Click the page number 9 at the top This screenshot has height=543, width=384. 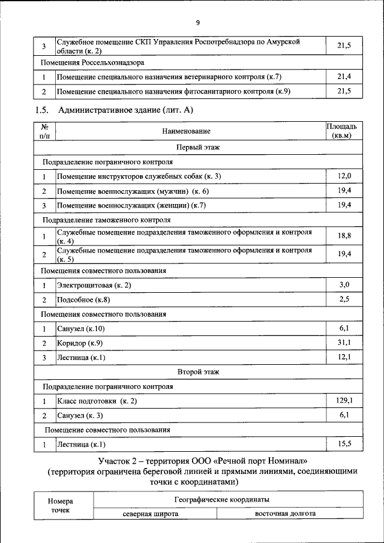click(x=197, y=23)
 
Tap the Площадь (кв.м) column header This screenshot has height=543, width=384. click(x=341, y=131)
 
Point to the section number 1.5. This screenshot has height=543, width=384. click(x=41, y=110)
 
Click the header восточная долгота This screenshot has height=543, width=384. click(x=285, y=514)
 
